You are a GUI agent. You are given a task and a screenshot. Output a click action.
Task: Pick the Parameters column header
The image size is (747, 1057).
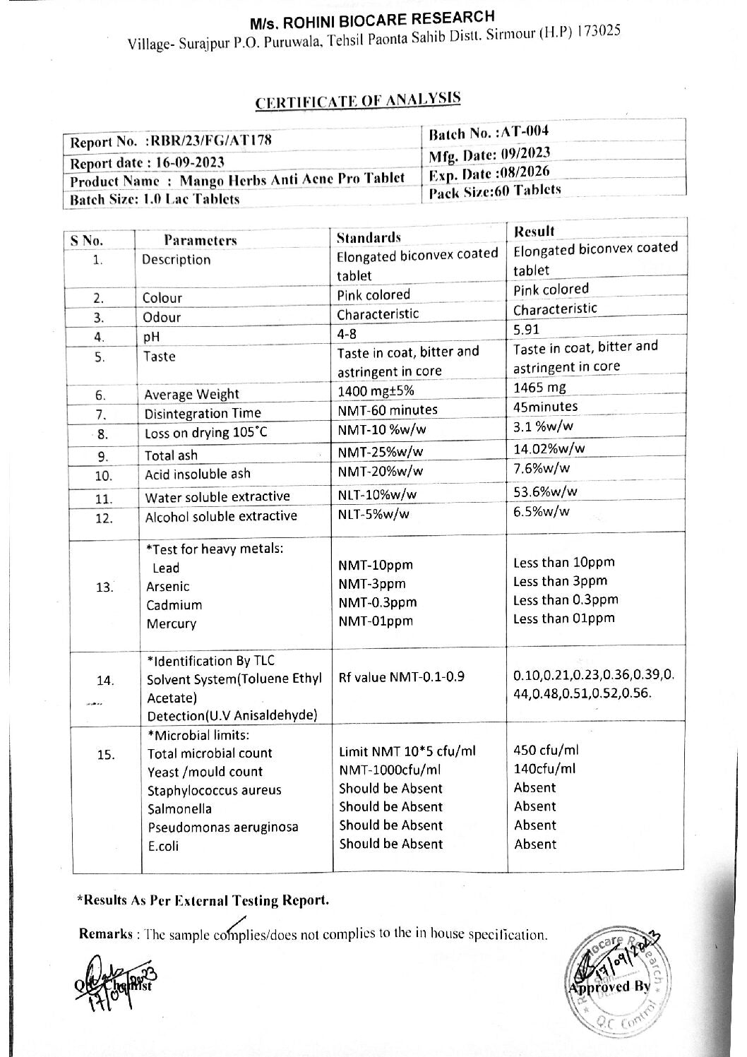point(201,240)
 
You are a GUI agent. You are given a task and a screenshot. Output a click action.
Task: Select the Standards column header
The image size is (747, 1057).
point(369,237)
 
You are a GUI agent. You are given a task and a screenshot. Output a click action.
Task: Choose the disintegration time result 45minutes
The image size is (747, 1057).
point(545,407)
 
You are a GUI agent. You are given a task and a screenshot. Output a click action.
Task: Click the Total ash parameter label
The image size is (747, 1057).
point(171,455)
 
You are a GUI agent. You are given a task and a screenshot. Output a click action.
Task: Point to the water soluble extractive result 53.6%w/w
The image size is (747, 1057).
point(545,491)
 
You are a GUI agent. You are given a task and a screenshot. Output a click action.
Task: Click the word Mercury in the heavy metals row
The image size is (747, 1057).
point(171,623)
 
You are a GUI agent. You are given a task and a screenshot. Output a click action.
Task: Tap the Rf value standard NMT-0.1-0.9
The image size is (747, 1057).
point(402,677)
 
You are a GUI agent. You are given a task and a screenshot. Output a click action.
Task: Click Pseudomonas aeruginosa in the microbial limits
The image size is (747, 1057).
point(222,827)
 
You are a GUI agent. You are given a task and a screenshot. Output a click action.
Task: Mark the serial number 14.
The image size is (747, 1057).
point(105,681)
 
